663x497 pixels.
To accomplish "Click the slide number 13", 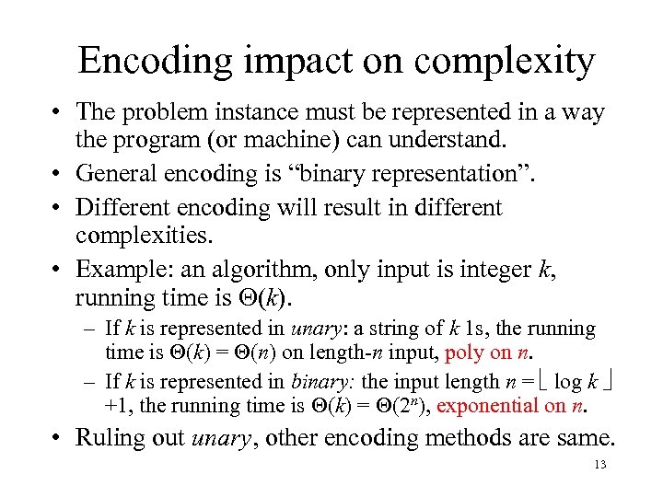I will [x=600, y=466].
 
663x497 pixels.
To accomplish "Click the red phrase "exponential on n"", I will [x=517, y=405].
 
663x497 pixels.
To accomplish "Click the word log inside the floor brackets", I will [x=568, y=382].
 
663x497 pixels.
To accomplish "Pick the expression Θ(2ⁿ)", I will [x=405, y=405].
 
